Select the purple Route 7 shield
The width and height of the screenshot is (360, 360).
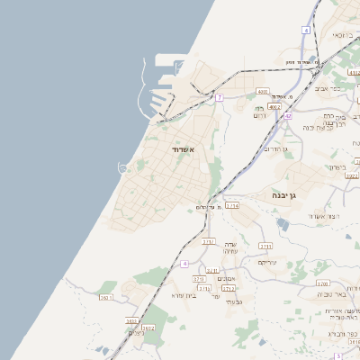click(x=219, y=96)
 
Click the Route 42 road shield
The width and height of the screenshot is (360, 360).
click(x=288, y=115)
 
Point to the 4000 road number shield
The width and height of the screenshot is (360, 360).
click(x=263, y=91)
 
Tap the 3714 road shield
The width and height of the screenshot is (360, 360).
click(x=232, y=206)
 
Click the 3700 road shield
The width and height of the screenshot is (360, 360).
click(x=199, y=279)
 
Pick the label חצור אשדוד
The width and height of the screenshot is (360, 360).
click(x=321, y=216)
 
